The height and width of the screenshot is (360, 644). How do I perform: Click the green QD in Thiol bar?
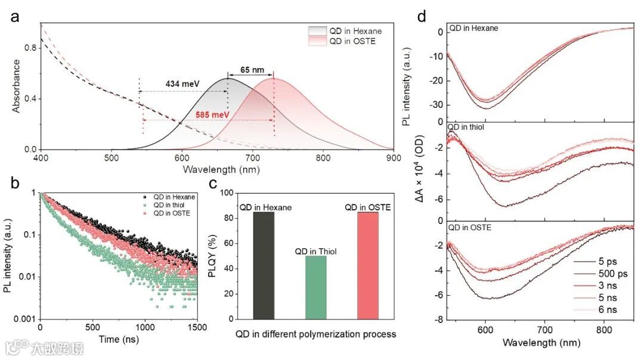point(315,287)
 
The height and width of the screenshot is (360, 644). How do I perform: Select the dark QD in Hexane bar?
point(264,265)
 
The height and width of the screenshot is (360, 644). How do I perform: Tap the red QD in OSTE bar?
point(368,265)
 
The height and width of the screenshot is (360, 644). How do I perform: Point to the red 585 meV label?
point(212,114)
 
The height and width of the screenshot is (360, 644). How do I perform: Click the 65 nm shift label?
point(250,69)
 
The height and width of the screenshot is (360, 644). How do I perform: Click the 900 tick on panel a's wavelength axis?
point(393,158)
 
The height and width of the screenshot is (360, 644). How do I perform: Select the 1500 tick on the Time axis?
point(197,328)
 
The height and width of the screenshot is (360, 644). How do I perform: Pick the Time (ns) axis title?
point(118,339)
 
